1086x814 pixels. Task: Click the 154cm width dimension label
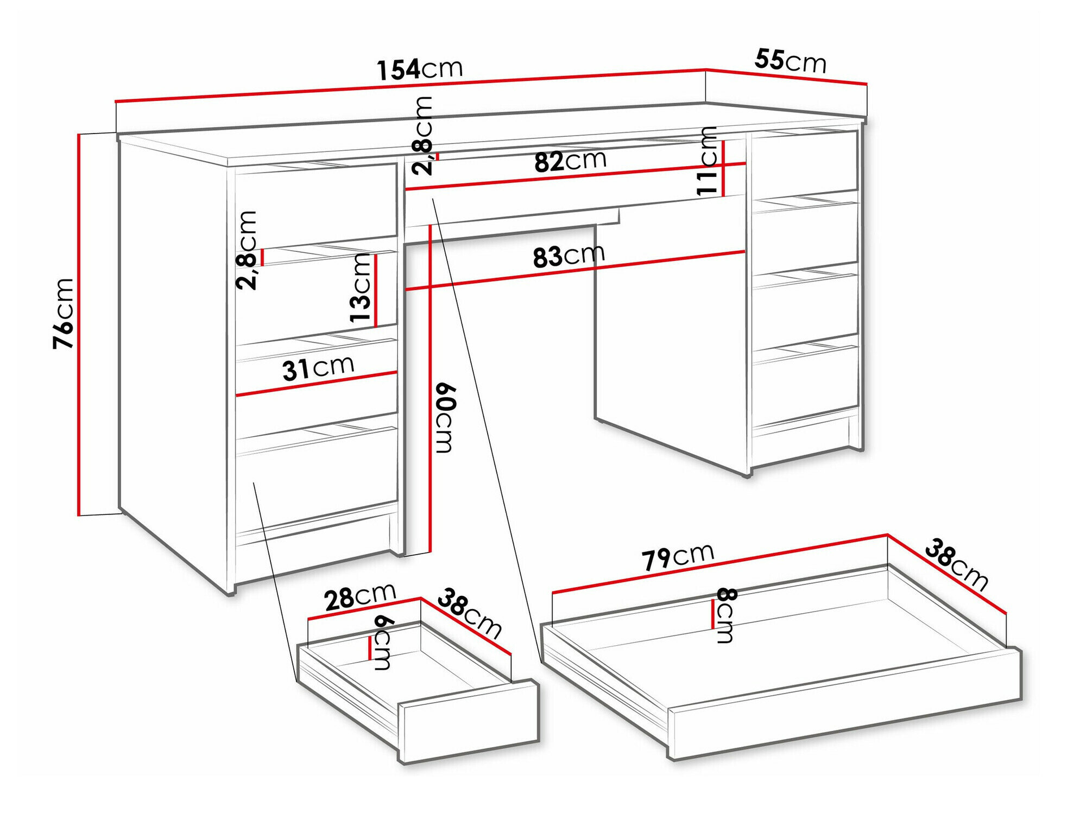(420, 69)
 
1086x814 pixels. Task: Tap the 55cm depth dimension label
(790, 60)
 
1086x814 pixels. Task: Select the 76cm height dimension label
(64, 313)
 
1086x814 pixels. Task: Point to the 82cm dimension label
(570, 161)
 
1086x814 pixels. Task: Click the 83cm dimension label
(569, 256)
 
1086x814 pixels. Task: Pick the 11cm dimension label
(708, 161)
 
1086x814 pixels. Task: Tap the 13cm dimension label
(360, 288)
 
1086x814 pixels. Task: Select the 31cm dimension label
(318, 368)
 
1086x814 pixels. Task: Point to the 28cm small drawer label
(360, 597)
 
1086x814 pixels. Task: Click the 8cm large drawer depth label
(725, 615)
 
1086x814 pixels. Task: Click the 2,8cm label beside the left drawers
(247, 250)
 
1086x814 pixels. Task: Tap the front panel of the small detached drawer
(470, 721)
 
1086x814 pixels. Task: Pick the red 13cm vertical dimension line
(375, 290)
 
